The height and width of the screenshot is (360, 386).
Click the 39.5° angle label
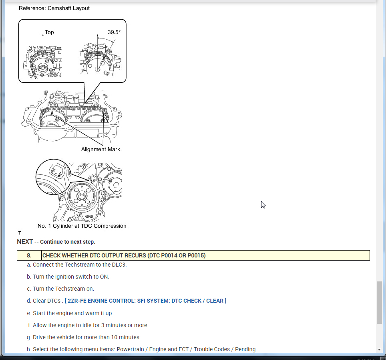click(x=114, y=32)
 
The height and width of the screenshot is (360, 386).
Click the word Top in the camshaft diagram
click(x=49, y=32)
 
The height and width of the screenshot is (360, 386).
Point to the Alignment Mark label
click(x=101, y=149)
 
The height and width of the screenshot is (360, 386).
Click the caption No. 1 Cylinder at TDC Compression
click(x=82, y=226)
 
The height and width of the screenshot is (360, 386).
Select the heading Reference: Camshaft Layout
click(x=54, y=8)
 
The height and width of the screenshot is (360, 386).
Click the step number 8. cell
click(x=29, y=255)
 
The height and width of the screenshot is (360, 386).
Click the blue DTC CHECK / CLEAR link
click(x=145, y=301)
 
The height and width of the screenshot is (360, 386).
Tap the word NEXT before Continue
click(x=25, y=242)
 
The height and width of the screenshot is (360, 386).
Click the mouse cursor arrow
click(x=263, y=204)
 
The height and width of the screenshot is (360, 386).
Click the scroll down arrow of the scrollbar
click(x=379, y=350)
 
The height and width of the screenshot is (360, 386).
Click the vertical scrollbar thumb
click(x=379, y=303)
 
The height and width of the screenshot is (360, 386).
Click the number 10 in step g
click(x=114, y=337)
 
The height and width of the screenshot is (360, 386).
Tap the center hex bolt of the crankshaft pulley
click(x=81, y=196)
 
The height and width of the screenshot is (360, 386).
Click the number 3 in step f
click(x=103, y=325)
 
